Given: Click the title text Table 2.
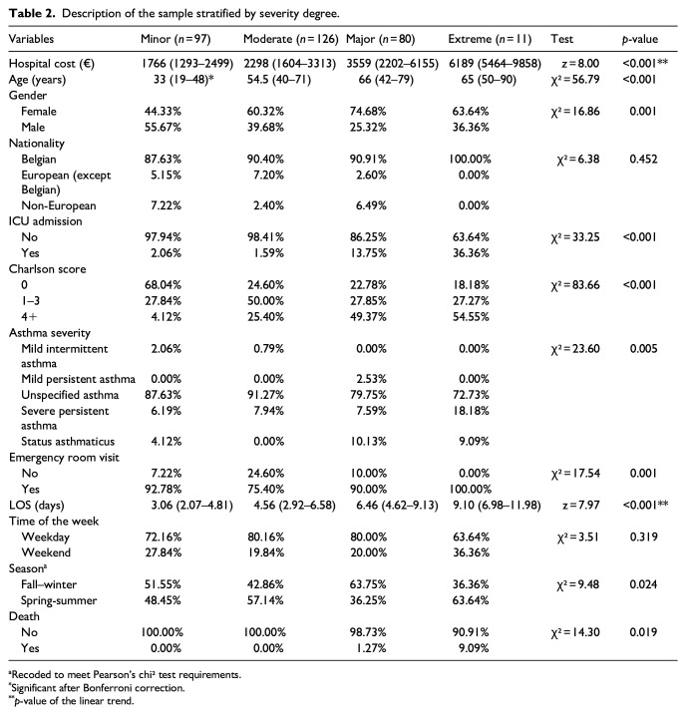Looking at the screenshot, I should tap(33, 12).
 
